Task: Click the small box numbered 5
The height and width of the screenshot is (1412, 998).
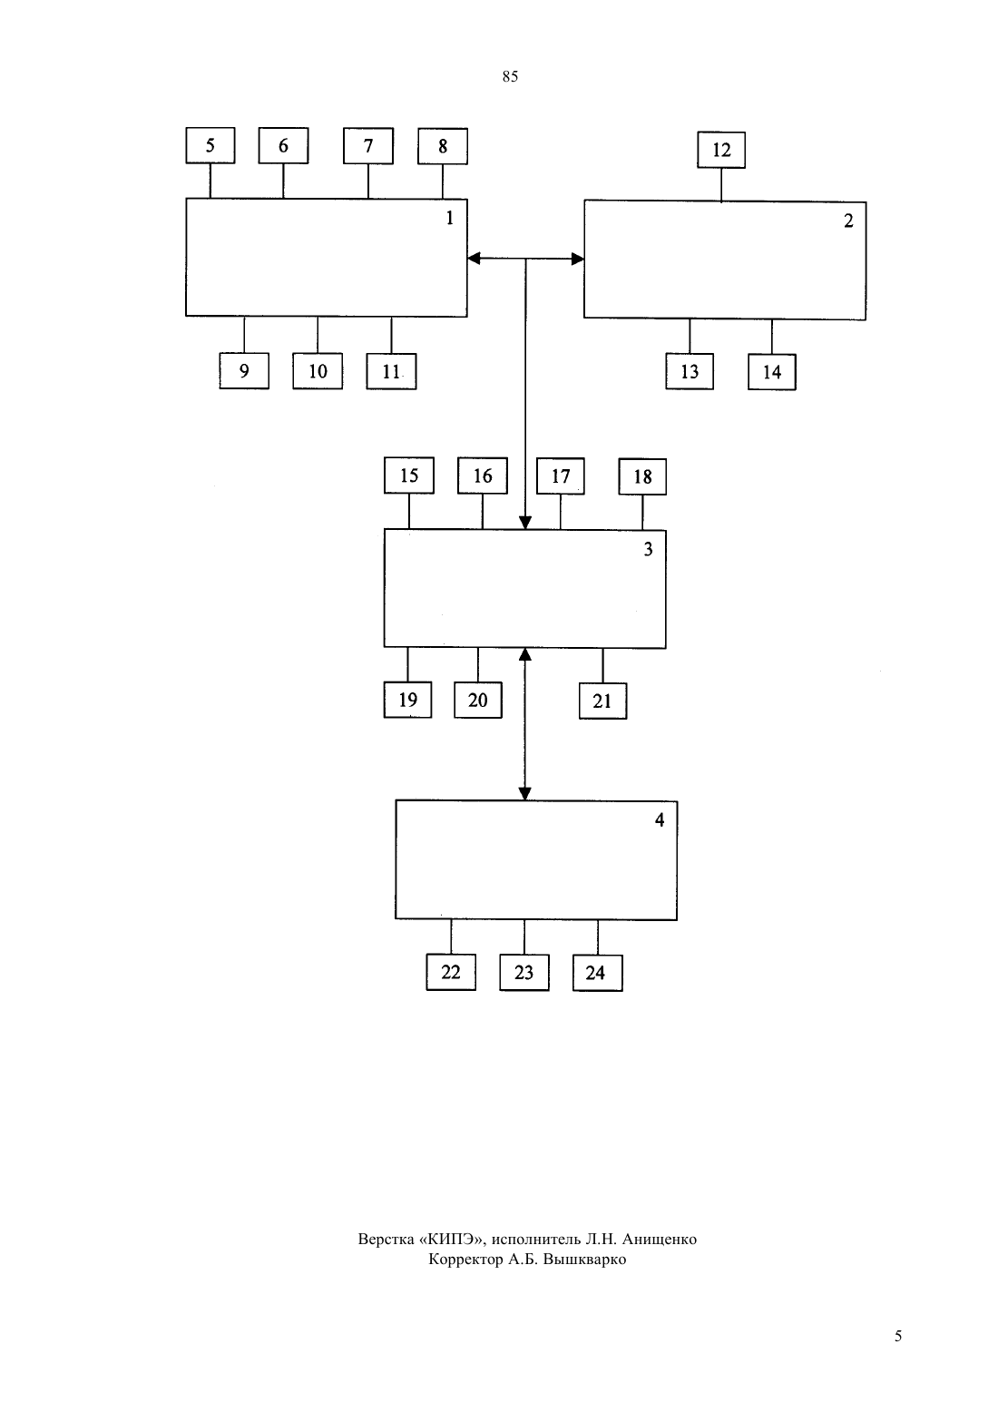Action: point(210,145)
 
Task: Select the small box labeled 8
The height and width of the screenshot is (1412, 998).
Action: point(443,146)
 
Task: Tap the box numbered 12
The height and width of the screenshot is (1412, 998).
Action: point(720,150)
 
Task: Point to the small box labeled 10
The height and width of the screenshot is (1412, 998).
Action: point(318,371)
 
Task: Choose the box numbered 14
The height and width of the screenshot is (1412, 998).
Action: point(772,372)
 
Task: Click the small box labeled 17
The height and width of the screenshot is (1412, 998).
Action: point(560,476)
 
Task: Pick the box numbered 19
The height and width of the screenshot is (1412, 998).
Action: point(407,700)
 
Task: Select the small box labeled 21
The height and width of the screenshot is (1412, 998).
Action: point(602,701)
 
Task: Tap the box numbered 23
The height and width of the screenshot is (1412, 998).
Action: point(523,973)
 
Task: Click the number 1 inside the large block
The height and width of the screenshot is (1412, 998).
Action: point(449,218)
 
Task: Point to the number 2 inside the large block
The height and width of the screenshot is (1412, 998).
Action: point(848,221)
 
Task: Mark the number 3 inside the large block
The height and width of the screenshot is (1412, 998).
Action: point(648,549)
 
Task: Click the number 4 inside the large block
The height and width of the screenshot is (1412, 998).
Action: point(659,819)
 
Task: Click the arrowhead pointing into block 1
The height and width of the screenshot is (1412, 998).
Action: point(474,258)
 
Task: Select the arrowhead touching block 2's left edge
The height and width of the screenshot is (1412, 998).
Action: point(577,259)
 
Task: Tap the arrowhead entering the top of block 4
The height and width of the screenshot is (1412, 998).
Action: point(524,794)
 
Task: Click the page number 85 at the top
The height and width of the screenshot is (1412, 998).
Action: point(510,76)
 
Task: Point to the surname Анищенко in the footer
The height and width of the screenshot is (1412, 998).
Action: point(660,1240)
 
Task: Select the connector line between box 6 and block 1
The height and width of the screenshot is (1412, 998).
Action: point(283,181)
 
